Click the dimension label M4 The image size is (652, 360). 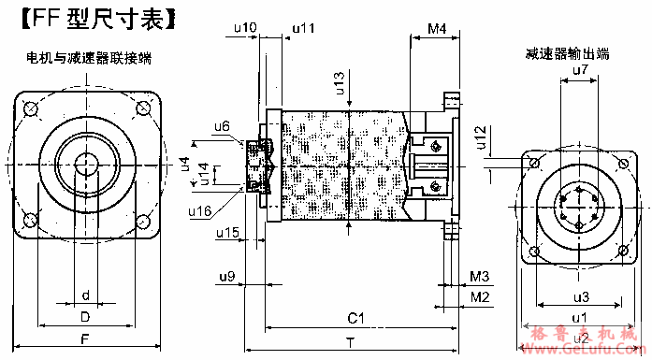click(435, 29)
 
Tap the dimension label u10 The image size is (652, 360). click(243, 28)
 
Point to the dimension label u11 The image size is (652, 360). click(303, 28)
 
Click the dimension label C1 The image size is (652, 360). click(355, 320)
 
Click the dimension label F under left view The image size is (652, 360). click(85, 338)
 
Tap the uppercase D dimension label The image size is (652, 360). click(85, 316)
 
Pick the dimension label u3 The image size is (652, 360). click(580, 297)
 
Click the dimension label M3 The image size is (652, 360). click(479, 277)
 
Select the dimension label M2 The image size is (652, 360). click(479, 296)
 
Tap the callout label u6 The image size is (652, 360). click(222, 125)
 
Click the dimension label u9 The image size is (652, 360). click(226, 277)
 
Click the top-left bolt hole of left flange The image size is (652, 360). click(31, 109)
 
